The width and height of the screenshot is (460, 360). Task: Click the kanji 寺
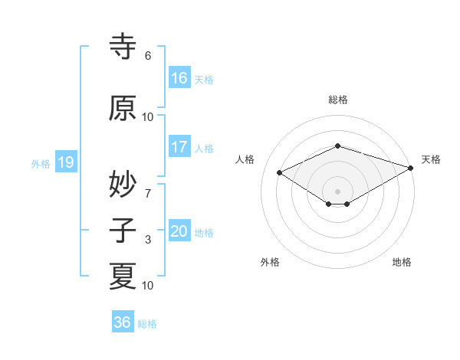(123, 47)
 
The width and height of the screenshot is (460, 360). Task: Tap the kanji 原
(123, 108)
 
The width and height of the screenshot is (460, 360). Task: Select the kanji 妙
(123, 184)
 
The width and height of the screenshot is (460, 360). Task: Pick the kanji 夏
(123, 276)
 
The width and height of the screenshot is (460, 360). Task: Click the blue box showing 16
(179, 77)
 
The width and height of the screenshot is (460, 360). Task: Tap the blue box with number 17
(179, 147)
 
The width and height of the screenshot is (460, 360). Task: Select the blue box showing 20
(179, 231)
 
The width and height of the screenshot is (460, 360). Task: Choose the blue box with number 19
(65, 162)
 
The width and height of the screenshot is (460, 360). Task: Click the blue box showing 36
(123, 322)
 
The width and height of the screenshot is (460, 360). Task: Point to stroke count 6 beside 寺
(148, 56)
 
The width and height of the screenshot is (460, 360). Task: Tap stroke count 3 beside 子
(148, 241)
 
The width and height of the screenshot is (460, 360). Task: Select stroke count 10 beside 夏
(148, 286)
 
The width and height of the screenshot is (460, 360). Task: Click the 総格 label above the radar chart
(338, 100)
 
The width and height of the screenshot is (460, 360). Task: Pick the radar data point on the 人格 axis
(280, 173)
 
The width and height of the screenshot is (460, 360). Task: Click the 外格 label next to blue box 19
(41, 163)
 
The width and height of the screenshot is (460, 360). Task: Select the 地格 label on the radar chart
(402, 262)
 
